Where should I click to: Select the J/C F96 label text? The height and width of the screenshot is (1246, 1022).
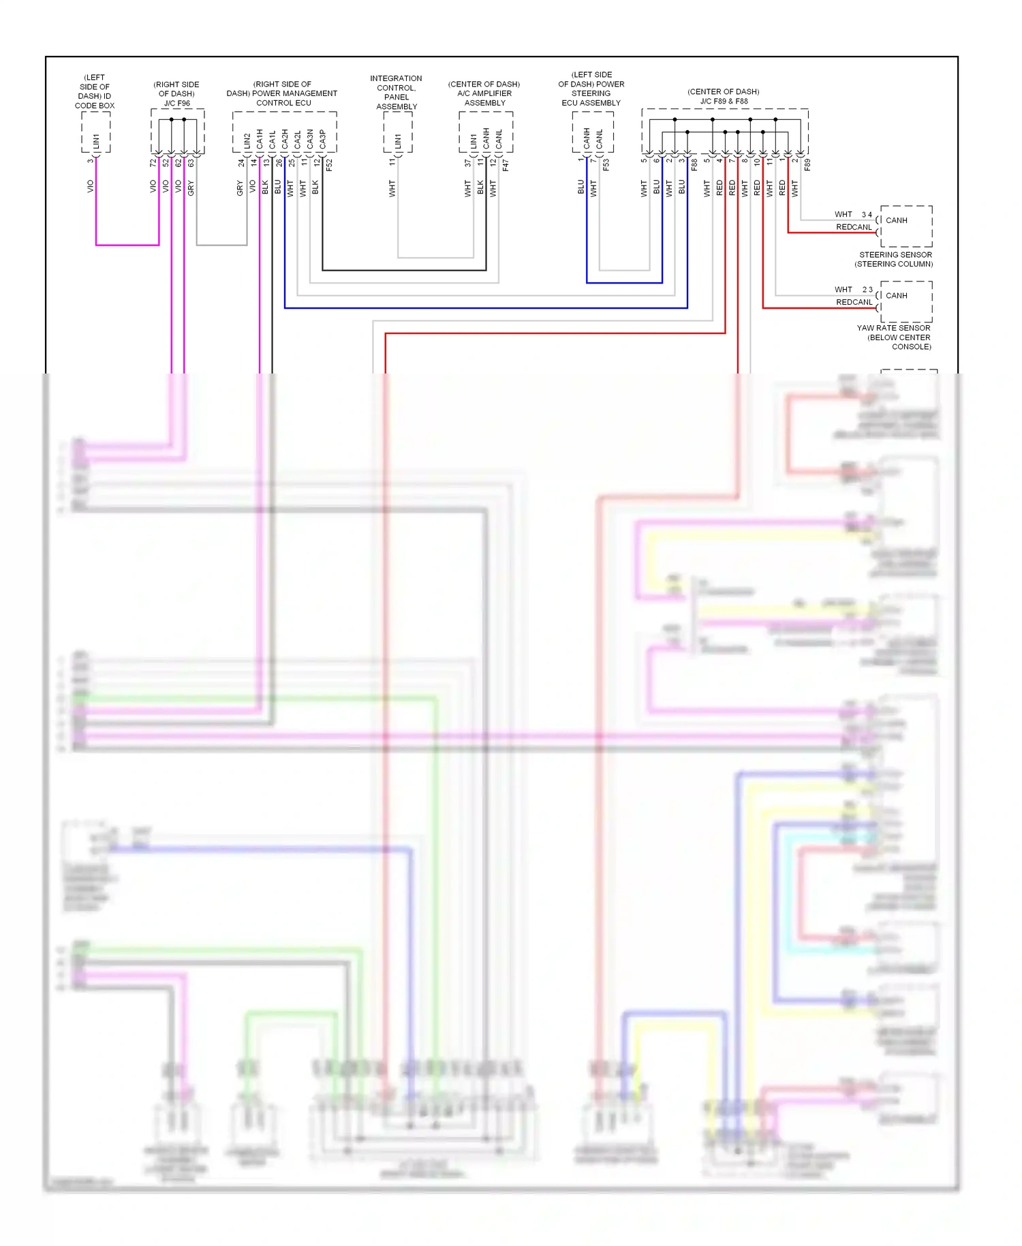click(x=176, y=104)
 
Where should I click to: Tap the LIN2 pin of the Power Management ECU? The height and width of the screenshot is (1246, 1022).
click(x=247, y=141)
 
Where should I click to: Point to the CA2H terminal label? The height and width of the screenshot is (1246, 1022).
click(x=285, y=139)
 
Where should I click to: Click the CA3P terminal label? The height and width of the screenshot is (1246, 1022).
click(x=322, y=139)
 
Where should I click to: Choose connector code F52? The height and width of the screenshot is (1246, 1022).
click(x=329, y=165)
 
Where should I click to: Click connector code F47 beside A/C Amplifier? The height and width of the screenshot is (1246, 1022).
click(x=505, y=165)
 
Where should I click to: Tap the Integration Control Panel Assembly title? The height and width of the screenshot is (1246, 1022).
click(x=396, y=92)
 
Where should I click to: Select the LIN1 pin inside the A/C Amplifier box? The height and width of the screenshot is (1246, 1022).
click(x=474, y=142)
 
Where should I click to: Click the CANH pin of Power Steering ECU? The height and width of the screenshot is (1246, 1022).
click(x=587, y=138)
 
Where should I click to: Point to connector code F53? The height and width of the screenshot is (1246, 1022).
click(x=606, y=164)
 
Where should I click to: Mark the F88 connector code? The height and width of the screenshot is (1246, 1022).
click(x=694, y=164)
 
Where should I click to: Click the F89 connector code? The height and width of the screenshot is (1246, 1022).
click(x=807, y=164)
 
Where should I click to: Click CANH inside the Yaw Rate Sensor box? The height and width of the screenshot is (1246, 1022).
click(x=896, y=296)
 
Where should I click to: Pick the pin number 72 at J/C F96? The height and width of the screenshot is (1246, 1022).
click(x=153, y=163)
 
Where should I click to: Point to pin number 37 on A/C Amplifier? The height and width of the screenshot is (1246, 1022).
click(x=467, y=163)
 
